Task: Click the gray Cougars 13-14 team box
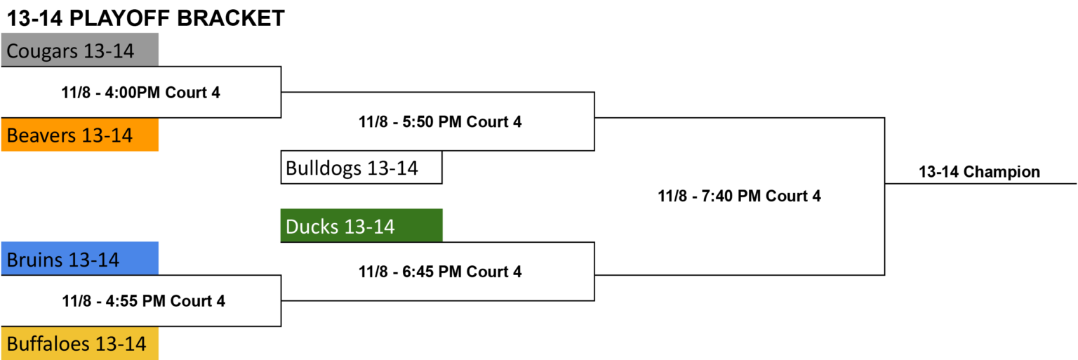80,50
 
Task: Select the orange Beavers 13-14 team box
80,135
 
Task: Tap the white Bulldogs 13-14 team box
361,168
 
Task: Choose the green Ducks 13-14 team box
361,225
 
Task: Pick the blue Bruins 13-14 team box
80,258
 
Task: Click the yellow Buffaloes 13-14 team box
80,343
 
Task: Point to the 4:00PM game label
140,93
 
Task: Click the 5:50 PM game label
440,122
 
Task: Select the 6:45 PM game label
440,272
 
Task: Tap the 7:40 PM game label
739,196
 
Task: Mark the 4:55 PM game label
143,301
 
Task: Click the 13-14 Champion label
979,172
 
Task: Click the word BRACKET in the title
231,18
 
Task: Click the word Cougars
42,51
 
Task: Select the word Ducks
312,227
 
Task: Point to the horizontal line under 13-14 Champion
980,183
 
